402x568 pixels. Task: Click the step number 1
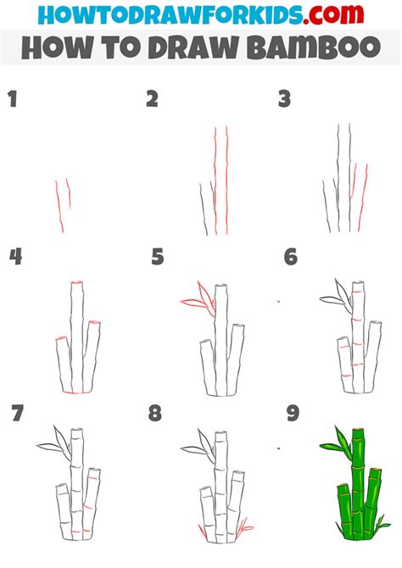point(13,100)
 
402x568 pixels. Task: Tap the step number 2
point(152,100)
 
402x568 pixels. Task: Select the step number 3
point(285,100)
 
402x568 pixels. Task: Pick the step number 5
point(158,257)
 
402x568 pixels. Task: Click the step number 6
point(291,257)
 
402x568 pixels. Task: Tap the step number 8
point(155,414)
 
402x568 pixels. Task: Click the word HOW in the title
point(53,47)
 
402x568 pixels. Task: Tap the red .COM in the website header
point(338,14)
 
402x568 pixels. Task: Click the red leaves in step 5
point(194,298)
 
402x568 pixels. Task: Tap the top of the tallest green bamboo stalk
point(358,433)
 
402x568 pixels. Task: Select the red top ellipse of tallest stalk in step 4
point(77,283)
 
